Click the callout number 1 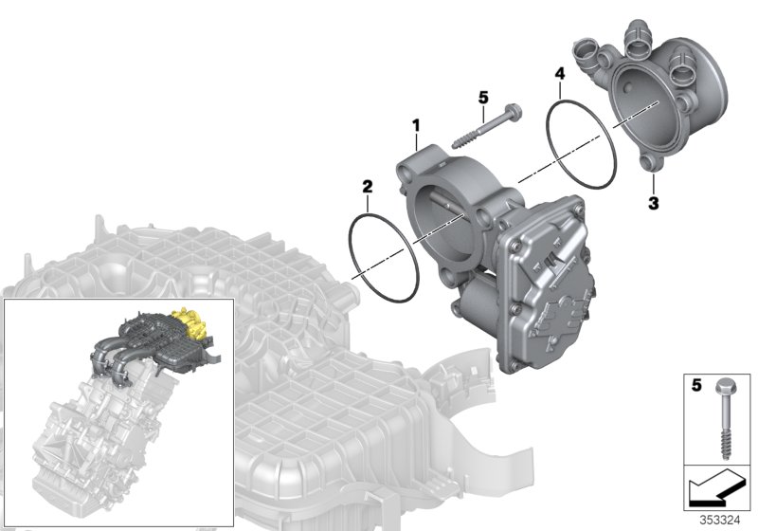pos(414,125)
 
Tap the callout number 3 pos(652,202)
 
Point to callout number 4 pos(560,73)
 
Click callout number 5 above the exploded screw pos(482,97)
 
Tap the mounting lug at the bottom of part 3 pos(651,167)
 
